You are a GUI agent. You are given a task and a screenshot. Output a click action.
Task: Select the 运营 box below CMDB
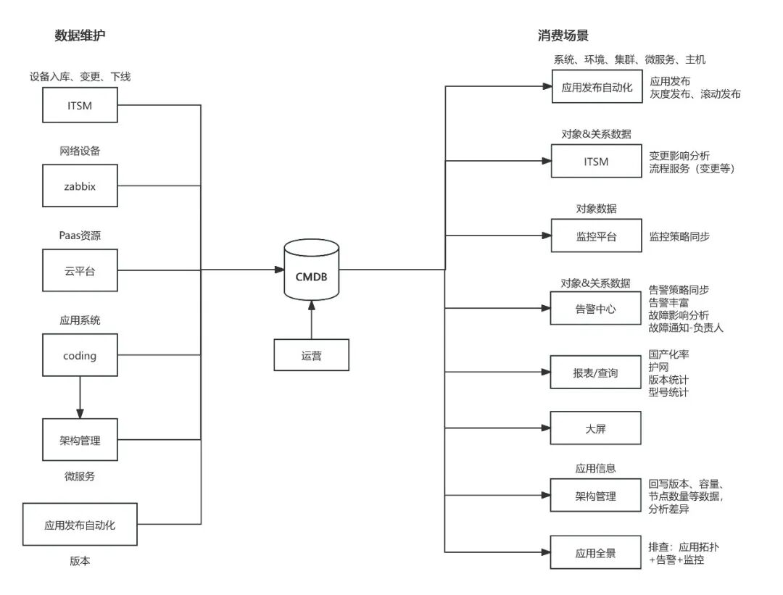tap(311, 356)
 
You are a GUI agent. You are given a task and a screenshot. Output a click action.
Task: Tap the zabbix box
tap(80, 186)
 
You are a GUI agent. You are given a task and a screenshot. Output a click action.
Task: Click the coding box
tap(80, 355)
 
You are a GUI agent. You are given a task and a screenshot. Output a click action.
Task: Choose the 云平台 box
tap(80, 271)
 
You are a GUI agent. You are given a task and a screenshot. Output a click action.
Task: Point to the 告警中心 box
tap(596, 309)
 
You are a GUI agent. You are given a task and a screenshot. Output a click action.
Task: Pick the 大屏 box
tap(596, 428)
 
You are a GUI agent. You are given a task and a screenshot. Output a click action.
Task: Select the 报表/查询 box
tap(596, 373)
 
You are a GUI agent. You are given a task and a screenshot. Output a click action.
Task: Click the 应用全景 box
tap(596, 553)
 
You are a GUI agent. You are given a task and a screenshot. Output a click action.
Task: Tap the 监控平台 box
tap(596, 236)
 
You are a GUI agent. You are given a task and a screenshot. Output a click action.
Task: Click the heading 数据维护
tap(85, 36)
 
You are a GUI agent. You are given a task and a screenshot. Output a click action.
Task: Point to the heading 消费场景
tap(563, 36)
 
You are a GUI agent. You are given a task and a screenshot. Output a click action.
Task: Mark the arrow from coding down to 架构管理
tap(80, 396)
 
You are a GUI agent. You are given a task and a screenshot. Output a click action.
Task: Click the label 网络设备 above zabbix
tap(80, 151)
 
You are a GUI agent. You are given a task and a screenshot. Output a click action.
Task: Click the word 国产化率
tap(668, 355)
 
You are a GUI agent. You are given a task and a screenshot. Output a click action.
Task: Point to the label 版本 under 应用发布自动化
tap(80, 561)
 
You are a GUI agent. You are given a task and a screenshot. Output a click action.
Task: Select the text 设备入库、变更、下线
tap(80, 77)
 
